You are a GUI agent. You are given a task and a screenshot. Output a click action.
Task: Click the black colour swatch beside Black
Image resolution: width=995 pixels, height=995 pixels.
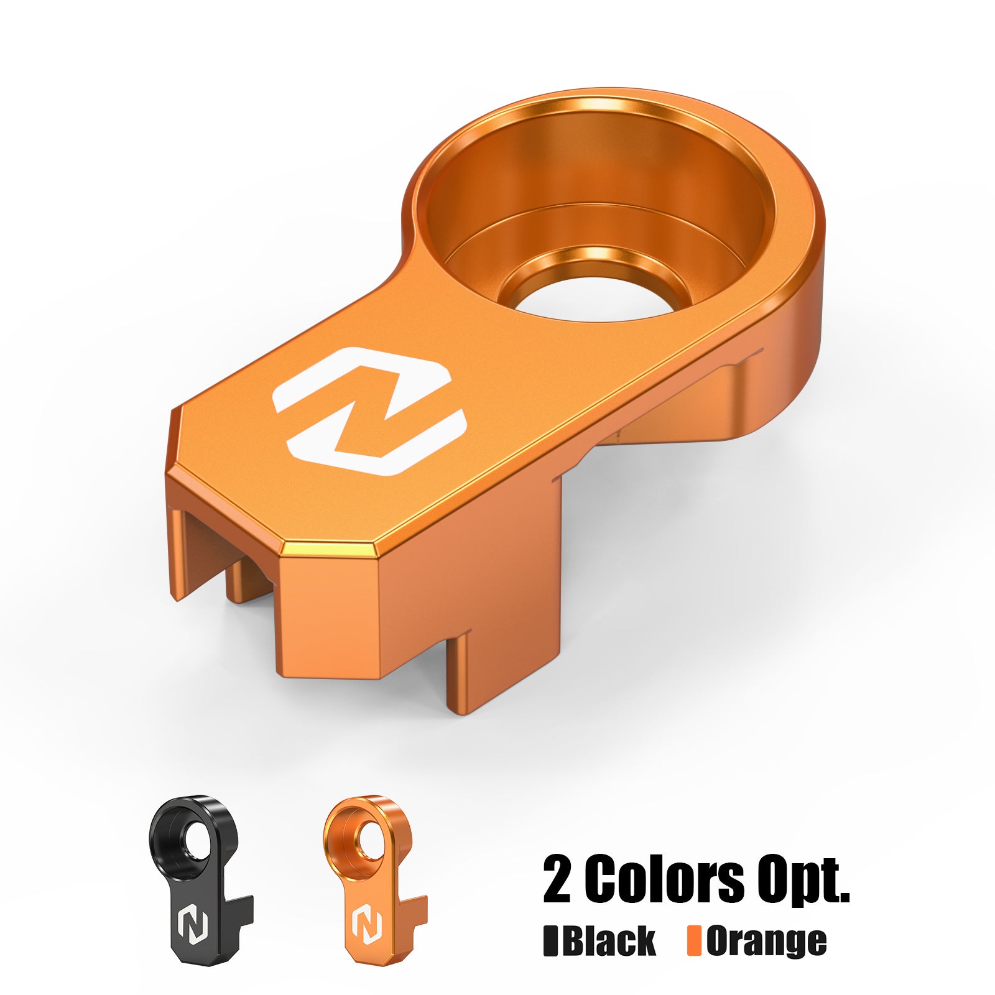click(x=550, y=941)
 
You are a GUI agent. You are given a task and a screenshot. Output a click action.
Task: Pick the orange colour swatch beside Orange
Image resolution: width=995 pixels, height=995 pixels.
click(x=694, y=941)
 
